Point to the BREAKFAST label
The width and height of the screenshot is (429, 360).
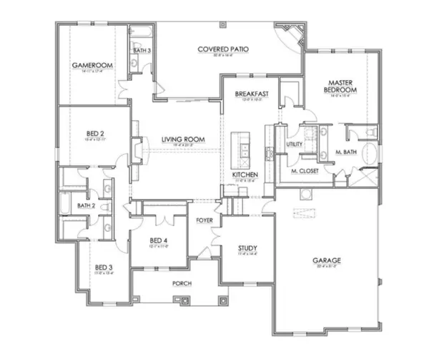pyautogui.click(x=251, y=94)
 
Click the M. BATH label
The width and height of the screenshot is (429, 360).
pyautogui.click(x=347, y=152)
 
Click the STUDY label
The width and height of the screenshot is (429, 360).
pyautogui.click(x=247, y=248)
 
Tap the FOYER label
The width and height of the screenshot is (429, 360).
pyautogui.click(x=204, y=220)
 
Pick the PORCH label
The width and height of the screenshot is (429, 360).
pyautogui.click(x=182, y=283)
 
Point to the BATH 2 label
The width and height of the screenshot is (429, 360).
pyautogui.click(x=87, y=205)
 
